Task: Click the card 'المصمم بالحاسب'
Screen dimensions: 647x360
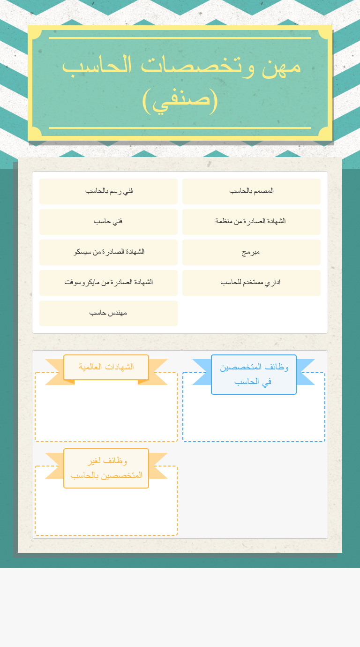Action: point(251,191)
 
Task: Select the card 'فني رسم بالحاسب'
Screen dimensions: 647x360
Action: point(108,191)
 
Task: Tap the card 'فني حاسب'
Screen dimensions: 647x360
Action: point(108,222)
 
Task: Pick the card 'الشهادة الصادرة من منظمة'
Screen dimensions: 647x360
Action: point(251,222)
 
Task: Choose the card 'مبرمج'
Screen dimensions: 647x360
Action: point(251,252)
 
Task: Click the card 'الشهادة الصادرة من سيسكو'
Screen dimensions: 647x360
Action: point(108,252)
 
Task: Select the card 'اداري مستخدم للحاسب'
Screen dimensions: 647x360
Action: point(251,283)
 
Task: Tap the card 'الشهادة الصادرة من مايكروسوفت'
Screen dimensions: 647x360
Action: point(108,283)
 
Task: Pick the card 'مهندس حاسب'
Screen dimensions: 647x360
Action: point(108,313)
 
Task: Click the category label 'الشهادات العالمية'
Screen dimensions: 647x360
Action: point(106,367)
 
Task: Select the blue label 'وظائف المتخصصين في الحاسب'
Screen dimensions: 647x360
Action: point(254,374)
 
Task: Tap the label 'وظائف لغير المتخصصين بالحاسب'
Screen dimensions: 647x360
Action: point(106,468)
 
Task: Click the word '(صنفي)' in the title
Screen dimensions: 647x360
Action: point(180,100)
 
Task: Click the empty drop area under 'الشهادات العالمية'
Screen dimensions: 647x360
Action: point(106,415)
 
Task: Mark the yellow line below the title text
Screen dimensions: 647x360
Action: point(180,128)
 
